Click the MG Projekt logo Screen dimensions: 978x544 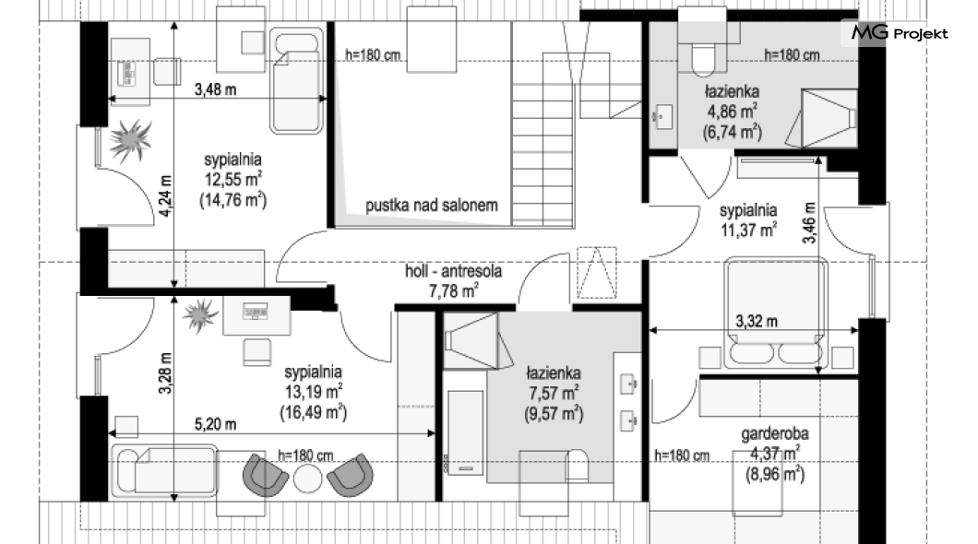click(900, 32)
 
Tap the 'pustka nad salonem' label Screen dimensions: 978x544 click(432, 205)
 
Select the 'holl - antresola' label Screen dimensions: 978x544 click(453, 271)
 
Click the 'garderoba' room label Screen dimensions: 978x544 click(775, 433)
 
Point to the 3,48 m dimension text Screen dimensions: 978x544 click(215, 89)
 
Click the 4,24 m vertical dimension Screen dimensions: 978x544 click(165, 195)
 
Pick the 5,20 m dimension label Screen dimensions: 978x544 click(215, 424)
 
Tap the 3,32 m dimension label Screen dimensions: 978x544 click(757, 322)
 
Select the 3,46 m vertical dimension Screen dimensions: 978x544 click(809, 222)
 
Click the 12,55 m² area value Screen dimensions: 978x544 click(233, 180)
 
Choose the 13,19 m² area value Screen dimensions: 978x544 click(314, 392)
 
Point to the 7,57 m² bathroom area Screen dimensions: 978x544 click(554, 393)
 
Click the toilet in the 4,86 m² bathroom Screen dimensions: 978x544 click(703, 52)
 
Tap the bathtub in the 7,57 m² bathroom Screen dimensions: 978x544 click(465, 432)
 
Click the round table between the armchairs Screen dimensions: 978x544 click(307, 479)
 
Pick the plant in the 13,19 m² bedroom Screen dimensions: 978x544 click(201, 315)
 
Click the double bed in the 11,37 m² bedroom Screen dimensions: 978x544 click(776, 312)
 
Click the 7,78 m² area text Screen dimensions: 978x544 click(453, 291)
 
